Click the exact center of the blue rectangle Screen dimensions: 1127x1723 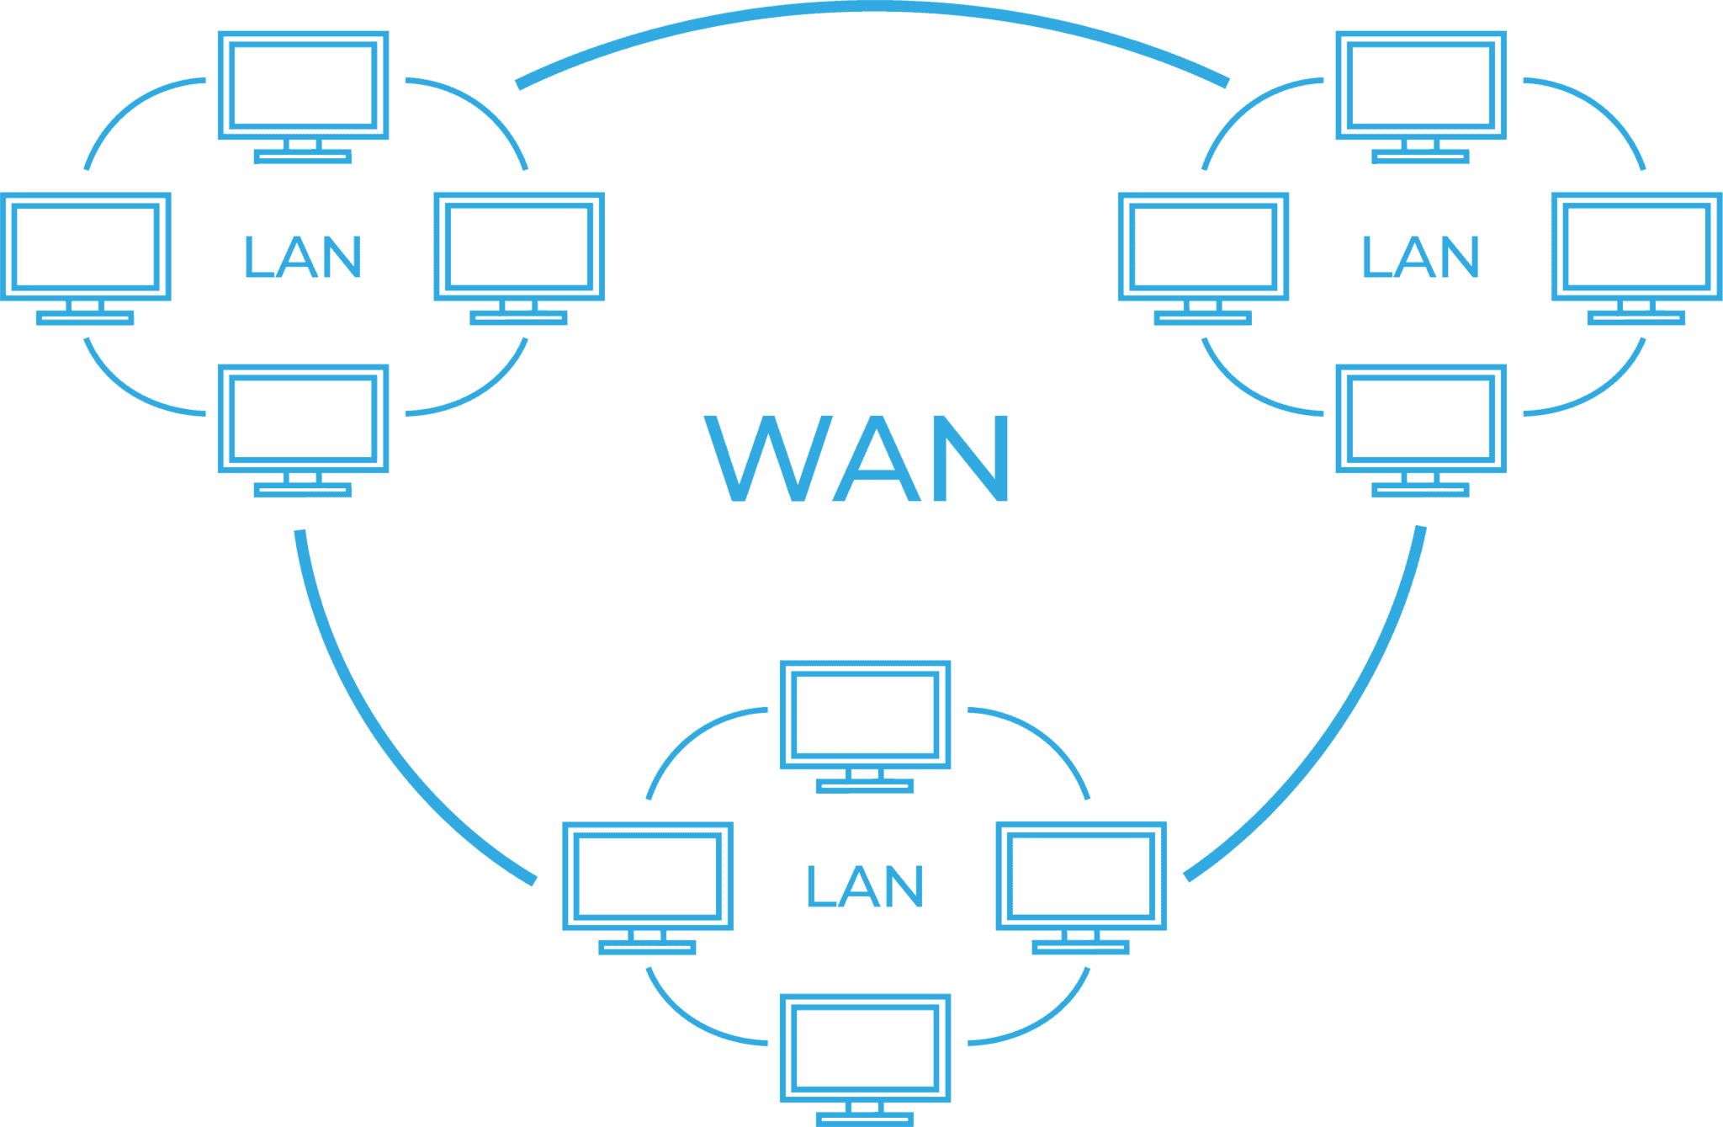pos(861,563)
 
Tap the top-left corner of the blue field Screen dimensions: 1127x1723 pos(0,0)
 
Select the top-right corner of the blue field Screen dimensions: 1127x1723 pos(1722,0)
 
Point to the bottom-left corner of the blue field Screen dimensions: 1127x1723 pos(0,1126)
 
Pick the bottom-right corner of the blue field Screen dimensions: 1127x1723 pos(1722,1126)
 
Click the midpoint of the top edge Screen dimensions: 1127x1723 pos(861,0)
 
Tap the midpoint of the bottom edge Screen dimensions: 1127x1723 pos(861,1126)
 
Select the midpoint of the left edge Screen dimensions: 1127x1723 pos(0,563)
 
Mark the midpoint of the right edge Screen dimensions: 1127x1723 pos(1722,563)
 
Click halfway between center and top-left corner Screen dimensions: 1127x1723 pos(431,282)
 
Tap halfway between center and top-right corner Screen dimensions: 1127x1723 pos(1292,282)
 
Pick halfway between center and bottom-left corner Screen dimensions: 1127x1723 pos(431,845)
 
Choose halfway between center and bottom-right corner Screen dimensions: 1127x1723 pos(1292,845)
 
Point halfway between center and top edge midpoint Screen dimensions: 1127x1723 pos(861,282)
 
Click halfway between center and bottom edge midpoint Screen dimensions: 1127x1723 pos(861,845)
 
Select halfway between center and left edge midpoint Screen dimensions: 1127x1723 pos(431,563)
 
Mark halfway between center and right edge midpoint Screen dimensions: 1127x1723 pos(1292,563)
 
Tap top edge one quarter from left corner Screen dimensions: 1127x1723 pos(431,0)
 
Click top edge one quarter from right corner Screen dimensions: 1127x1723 pos(1292,0)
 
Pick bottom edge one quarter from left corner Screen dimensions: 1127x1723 pos(431,1126)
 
